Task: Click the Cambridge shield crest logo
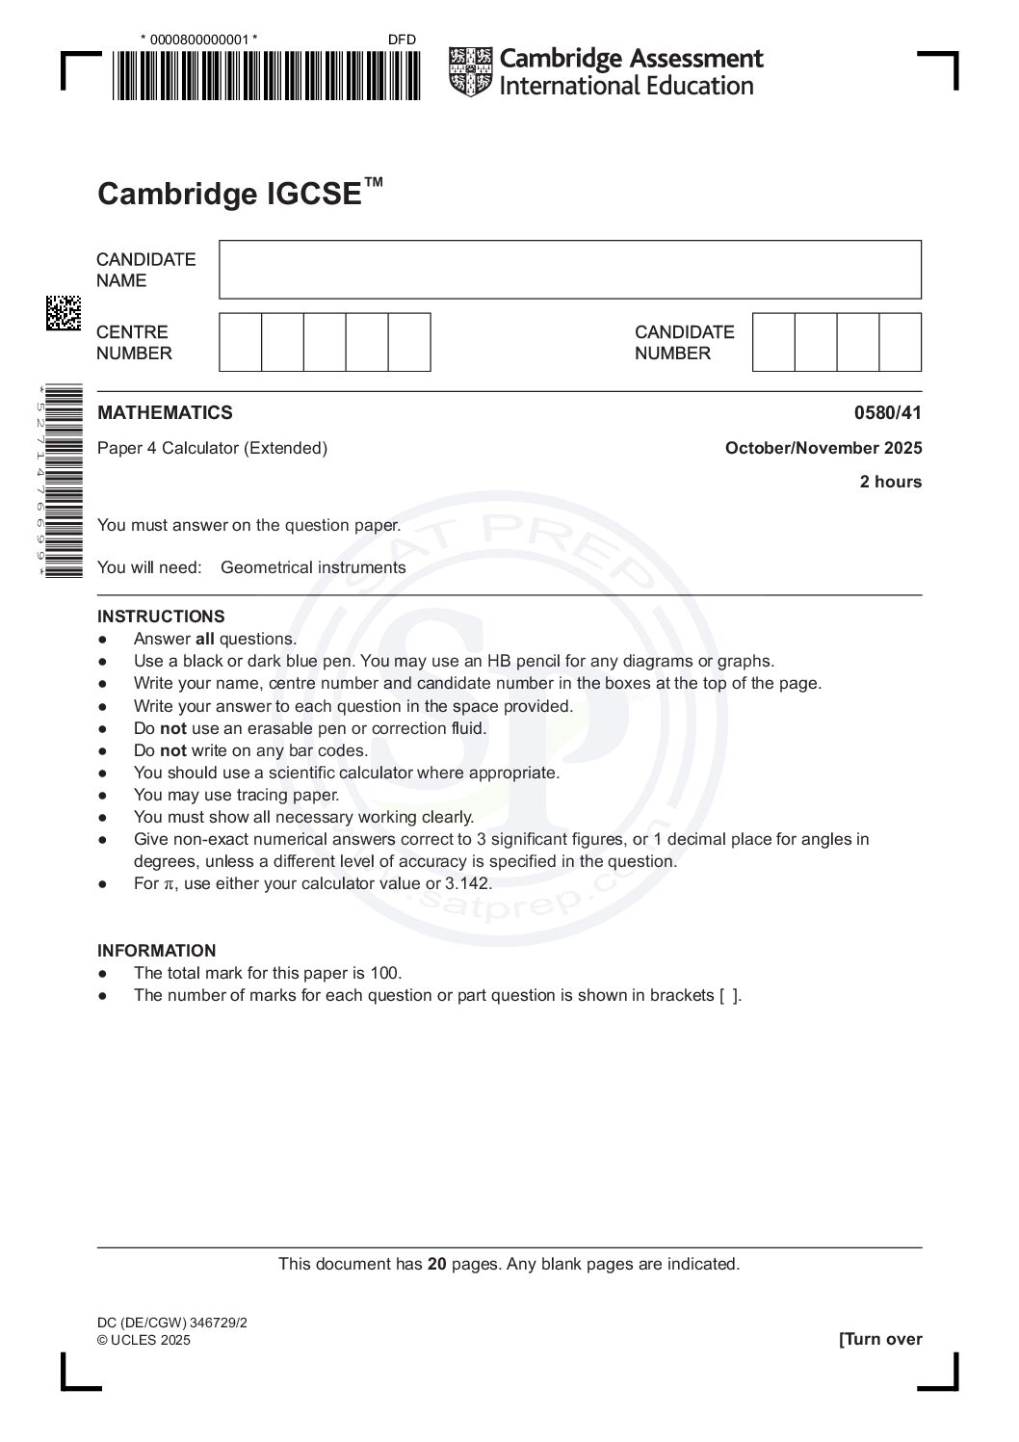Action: click(470, 72)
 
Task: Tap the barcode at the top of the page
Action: click(266, 75)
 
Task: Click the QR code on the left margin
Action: click(64, 313)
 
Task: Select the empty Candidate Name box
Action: click(569, 270)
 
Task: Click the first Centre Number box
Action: click(241, 342)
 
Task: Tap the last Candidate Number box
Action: click(900, 342)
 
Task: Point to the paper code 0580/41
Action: click(887, 413)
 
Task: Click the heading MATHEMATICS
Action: click(165, 413)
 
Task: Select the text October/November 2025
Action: click(823, 448)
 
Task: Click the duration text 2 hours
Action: click(890, 482)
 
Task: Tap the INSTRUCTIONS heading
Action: click(161, 616)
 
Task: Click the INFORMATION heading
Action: click(156, 951)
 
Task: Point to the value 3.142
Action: click(467, 884)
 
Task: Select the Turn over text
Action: click(880, 1339)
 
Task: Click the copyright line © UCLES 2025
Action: click(144, 1340)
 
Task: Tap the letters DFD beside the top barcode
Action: click(402, 39)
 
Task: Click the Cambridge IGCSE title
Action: click(239, 193)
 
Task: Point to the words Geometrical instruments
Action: click(313, 567)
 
